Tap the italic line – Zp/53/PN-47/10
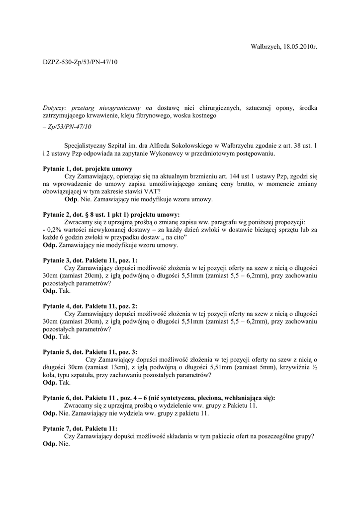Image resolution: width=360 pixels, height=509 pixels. [x=67, y=127]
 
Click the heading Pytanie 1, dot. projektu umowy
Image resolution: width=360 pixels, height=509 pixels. [x=88, y=169]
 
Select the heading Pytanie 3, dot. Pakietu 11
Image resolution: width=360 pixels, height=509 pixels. [x=90, y=260]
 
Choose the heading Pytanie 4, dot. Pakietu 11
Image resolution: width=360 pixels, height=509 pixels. [x=90, y=306]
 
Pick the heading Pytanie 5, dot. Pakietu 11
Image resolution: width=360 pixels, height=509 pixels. [x=90, y=352]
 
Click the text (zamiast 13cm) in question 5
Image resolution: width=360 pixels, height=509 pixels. [x=84, y=367]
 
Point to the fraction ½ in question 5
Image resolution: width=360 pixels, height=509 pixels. [x=314, y=367]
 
